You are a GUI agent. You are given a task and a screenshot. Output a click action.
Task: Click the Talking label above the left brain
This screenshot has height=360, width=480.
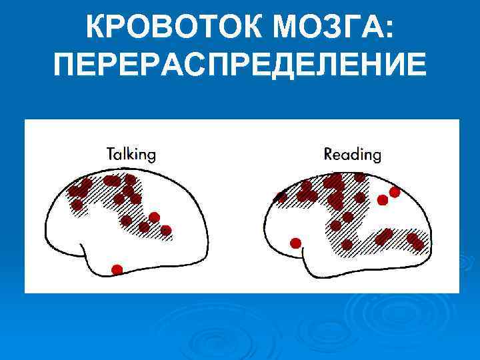pos(131,154)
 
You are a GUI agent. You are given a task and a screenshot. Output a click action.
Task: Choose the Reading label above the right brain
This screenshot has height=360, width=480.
pos(352,155)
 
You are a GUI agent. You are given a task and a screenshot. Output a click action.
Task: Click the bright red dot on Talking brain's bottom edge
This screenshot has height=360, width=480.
pos(117,269)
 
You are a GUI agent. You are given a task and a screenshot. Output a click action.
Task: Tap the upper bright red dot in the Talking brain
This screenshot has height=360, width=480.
pos(154,217)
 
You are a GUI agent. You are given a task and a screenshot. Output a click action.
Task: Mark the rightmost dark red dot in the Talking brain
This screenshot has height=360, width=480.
pos(166,231)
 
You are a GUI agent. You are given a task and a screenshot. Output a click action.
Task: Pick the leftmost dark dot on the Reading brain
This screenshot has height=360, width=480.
pos(281,197)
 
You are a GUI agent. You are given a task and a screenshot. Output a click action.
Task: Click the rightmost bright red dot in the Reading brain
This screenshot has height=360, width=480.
pos(395,192)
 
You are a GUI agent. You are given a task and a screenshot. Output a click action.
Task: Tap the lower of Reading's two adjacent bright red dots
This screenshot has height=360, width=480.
pos(383,200)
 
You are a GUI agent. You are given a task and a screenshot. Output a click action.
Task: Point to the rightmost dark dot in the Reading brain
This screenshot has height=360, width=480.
pos(418,245)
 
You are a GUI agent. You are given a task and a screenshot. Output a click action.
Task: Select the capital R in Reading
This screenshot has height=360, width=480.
pos(329,154)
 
